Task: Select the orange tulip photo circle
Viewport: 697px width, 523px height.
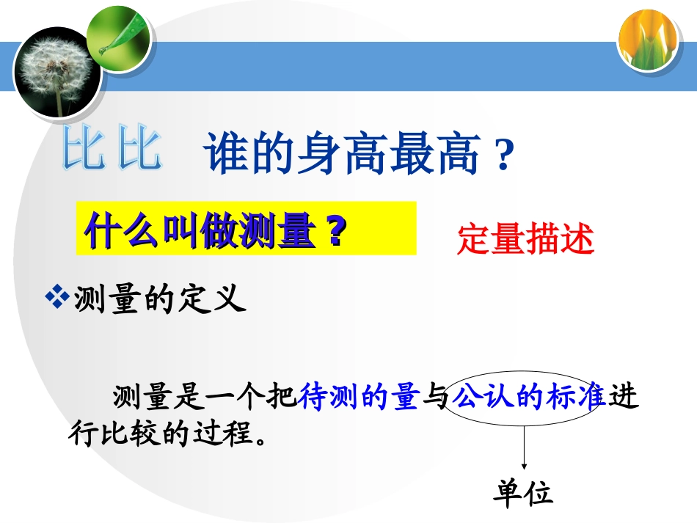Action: click(646, 40)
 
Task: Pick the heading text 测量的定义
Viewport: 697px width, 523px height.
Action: click(157, 299)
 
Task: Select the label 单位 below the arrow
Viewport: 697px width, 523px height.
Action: click(522, 494)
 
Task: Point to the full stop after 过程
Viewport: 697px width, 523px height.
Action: click(255, 438)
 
